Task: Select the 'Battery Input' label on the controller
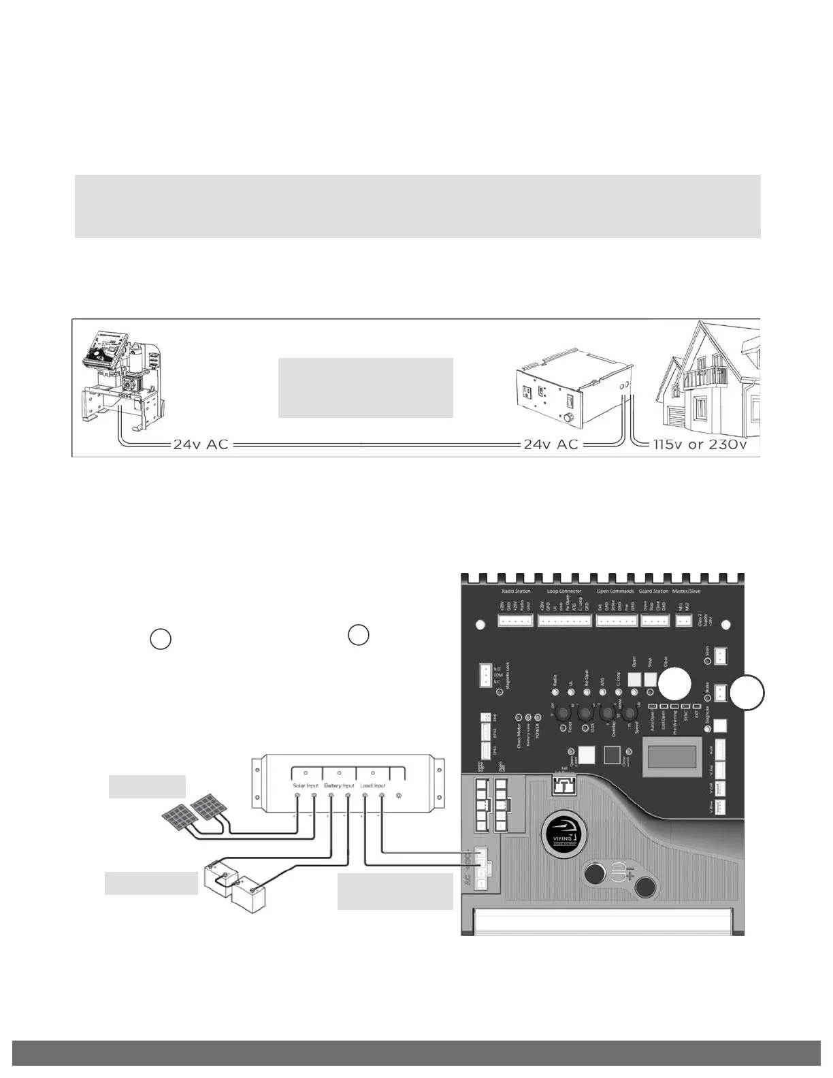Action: (x=338, y=785)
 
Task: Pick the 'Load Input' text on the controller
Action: (x=373, y=785)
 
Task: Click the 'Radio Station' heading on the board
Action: (x=516, y=591)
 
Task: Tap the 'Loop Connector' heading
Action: (x=564, y=591)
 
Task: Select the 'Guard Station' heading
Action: (x=653, y=591)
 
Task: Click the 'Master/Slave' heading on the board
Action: (x=686, y=591)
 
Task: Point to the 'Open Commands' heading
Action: (x=615, y=591)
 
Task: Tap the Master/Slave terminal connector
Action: (x=683, y=621)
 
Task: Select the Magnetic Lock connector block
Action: (x=485, y=675)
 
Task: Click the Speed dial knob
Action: (x=630, y=714)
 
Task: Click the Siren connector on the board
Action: (x=721, y=656)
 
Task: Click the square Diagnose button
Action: (x=720, y=727)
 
